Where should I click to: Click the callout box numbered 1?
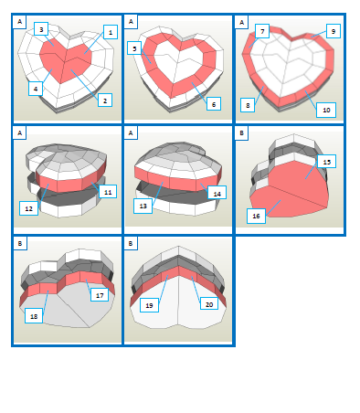coord(111,32)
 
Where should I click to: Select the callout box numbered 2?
coord(105,101)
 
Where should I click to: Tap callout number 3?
coord(41,29)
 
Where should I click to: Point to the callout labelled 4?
coord(36,89)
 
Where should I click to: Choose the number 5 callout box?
coord(134,48)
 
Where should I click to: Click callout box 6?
coord(214,104)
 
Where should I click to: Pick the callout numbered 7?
coord(262,31)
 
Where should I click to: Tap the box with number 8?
coord(248,105)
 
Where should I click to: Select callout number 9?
coord(334,31)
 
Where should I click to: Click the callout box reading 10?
coord(326,110)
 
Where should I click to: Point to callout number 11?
coord(108,192)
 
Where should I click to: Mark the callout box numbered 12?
coord(29,208)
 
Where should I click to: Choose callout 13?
coord(143,206)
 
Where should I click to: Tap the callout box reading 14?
coord(217,193)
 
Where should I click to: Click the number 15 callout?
coord(327,162)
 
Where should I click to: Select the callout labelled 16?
coord(256,216)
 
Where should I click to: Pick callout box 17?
coord(100,295)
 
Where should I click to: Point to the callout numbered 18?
coord(34,316)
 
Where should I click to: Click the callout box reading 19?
coord(149,305)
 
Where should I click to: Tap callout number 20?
coord(209,304)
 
